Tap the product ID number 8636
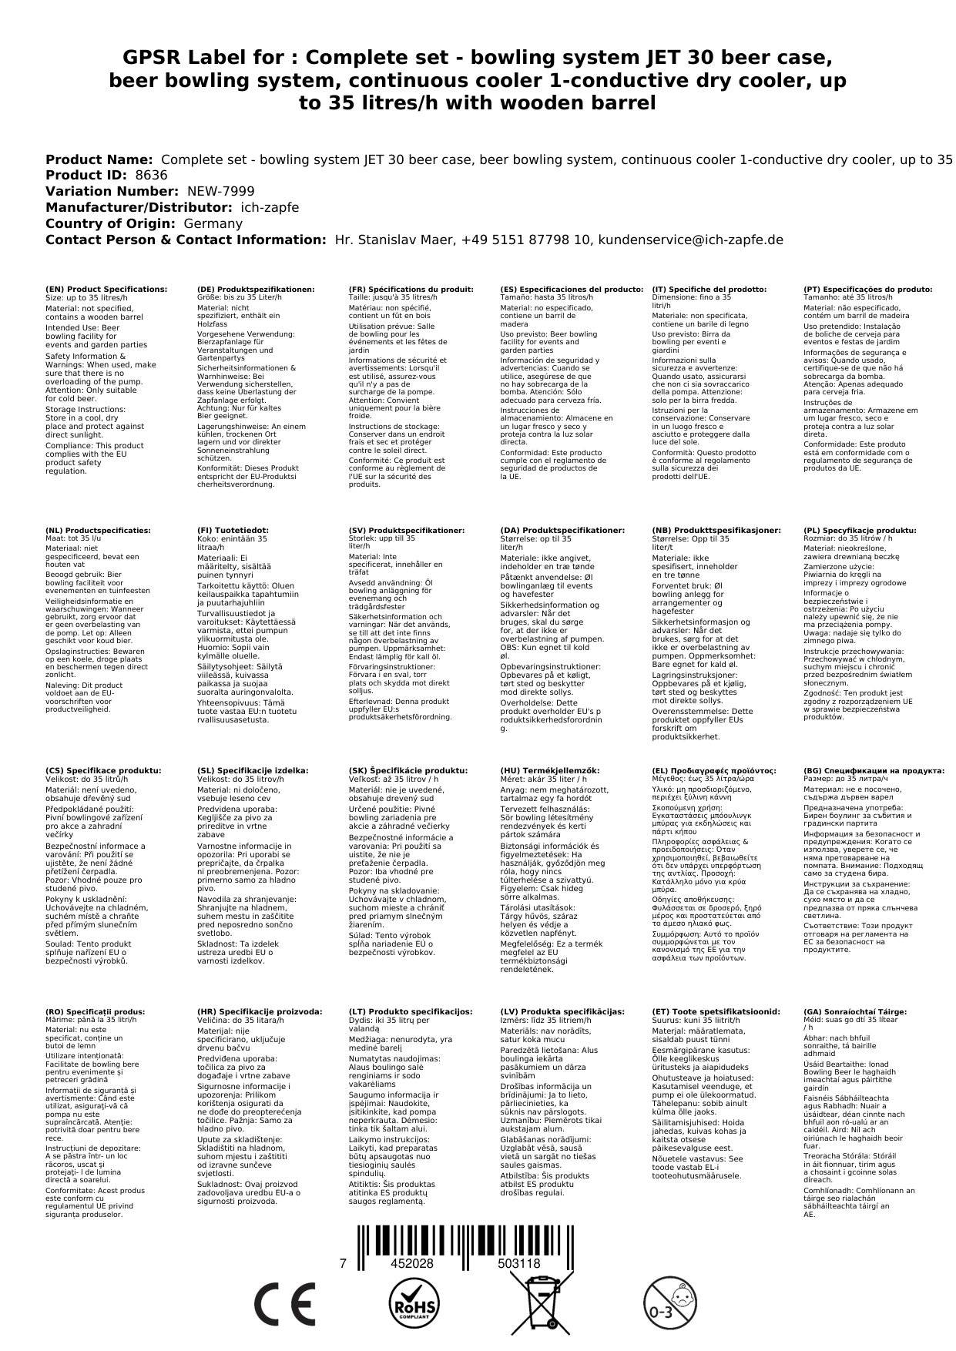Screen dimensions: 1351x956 tap(151, 176)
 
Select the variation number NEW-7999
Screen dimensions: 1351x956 tap(220, 192)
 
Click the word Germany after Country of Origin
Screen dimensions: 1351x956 tap(213, 224)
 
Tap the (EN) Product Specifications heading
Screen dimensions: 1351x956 tap(106, 290)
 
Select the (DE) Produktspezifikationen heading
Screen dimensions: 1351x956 tap(256, 290)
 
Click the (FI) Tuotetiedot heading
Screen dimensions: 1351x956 tap(233, 531)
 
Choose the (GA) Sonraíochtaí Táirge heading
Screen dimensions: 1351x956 tap(855, 1012)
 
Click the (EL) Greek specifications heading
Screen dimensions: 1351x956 tap(714, 771)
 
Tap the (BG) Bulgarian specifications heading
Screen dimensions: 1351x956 tap(874, 771)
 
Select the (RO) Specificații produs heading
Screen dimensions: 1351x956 tap(95, 1012)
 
